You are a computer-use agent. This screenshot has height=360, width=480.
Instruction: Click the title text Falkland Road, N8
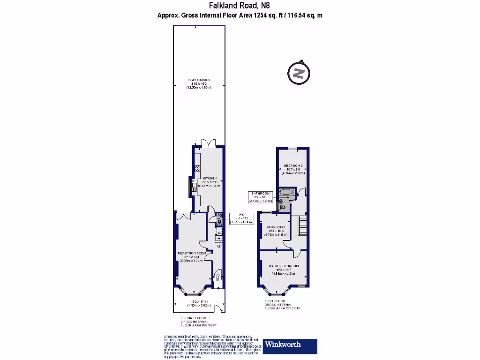click(240, 6)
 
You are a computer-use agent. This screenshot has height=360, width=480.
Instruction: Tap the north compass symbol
click(298, 73)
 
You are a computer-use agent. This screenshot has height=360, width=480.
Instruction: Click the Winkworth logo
click(290, 345)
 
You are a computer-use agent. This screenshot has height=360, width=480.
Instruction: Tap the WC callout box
click(242, 218)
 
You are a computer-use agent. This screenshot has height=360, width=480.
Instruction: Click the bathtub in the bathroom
click(286, 192)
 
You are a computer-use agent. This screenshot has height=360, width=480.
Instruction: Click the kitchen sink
click(194, 187)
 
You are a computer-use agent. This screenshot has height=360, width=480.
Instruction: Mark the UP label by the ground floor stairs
click(218, 246)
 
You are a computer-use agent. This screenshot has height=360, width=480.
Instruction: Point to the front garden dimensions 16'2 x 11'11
click(199, 303)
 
